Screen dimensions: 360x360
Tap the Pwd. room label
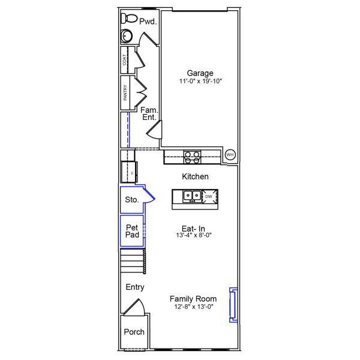pyautogui.click(x=148, y=22)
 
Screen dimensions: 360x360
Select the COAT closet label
pyautogui.click(x=125, y=59)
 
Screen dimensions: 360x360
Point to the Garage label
pyautogui.click(x=200, y=73)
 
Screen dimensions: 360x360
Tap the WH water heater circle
pyautogui.click(x=230, y=155)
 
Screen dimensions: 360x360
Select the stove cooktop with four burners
pyautogui.click(x=192, y=157)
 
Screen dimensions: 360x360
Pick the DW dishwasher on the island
pyautogui.click(x=209, y=196)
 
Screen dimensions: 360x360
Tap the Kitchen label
pyautogui.click(x=195, y=176)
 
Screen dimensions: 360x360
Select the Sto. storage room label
pyautogui.click(x=132, y=200)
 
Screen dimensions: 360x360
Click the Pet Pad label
pyautogui.click(x=133, y=231)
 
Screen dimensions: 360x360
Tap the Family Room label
pyautogui.click(x=193, y=298)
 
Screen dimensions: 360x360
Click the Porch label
pyautogui.click(x=134, y=332)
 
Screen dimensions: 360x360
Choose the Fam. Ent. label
pyautogui.click(x=149, y=113)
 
